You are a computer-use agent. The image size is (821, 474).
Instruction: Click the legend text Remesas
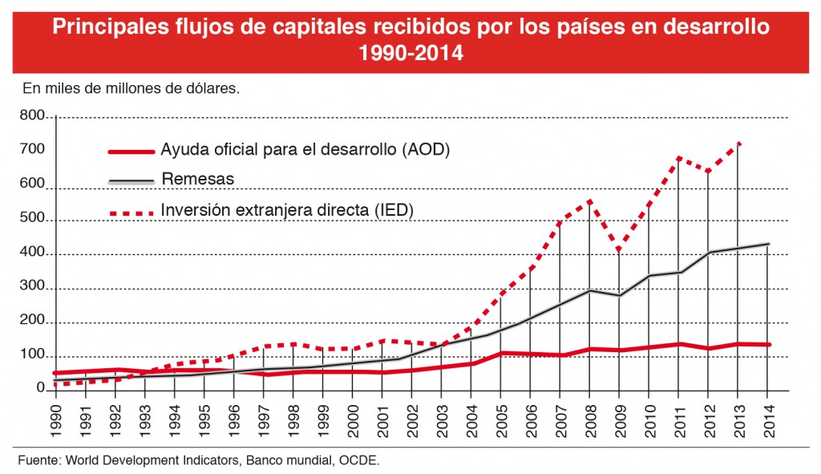click(197, 179)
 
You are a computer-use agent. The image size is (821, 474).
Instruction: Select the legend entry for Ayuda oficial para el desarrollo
click(293, 150)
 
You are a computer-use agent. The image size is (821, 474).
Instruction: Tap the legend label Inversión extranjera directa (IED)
click(286, 209)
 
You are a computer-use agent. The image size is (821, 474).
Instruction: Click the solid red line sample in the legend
click(130, 151)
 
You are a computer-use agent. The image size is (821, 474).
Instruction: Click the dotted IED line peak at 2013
click(738, 144)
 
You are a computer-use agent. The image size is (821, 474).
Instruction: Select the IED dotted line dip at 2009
click(619, 250)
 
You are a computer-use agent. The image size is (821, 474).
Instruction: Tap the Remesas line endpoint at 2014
click(767, 244)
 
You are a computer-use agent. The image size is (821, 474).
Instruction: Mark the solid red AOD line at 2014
click(767, 345)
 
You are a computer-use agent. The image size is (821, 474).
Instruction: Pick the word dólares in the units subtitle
click(214, 88)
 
